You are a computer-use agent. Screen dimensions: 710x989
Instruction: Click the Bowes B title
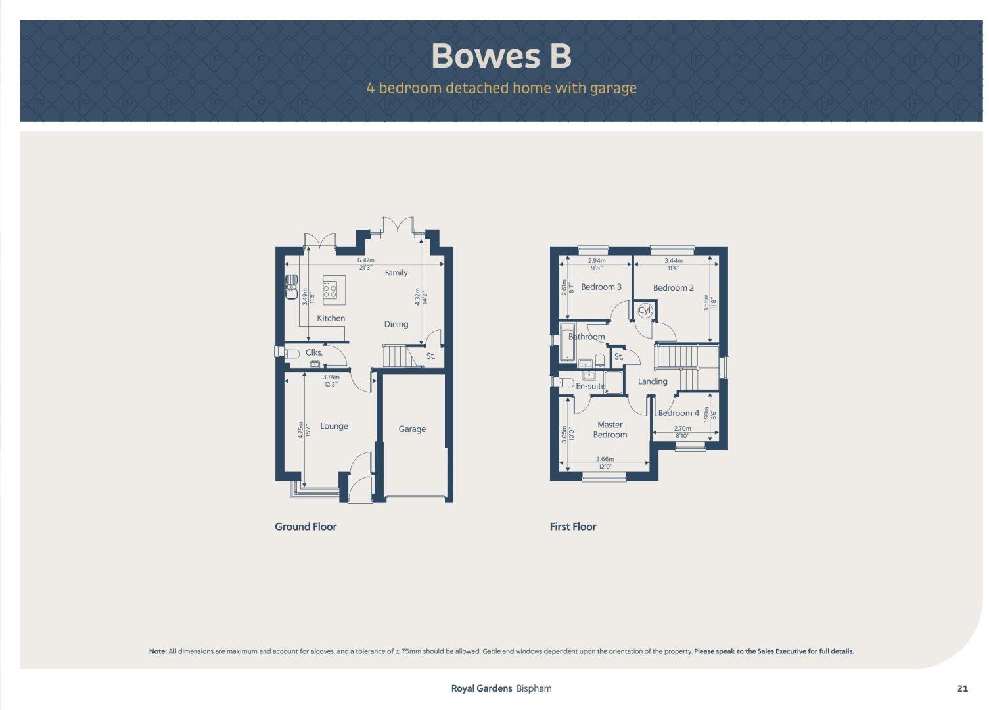click(x=501, y=56)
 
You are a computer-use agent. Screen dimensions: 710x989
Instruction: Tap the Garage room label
click(x=412, y=429)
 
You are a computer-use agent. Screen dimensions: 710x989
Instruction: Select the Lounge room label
click(x=334, y=426)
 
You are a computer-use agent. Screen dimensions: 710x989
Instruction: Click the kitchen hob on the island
click(x=330, y=290)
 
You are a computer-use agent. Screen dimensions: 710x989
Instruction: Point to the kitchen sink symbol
click(x=291, y=287)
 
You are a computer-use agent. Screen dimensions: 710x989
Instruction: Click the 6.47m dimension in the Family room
click(x=366, y=260)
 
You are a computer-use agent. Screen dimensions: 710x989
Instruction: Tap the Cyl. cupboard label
click(x=645, y=310)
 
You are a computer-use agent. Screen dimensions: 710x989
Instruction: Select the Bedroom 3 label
click(x=601, y=287)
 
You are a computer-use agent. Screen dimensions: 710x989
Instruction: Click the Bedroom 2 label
click(x=673, y=288)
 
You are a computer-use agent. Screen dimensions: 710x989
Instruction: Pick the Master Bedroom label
click(x=610, y=430)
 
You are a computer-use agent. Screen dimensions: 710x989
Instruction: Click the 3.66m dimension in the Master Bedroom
click(x=605, y=460)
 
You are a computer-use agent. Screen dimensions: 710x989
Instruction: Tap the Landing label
click(x=653, y=381)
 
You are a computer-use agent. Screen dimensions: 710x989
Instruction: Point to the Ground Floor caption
click(x=306, y=527)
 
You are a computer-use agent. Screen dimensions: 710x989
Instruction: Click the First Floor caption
click(x=573, y=527)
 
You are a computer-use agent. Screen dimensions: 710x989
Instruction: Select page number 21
click(x=962, y=689)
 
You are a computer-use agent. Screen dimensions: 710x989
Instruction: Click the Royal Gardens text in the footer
click(x=481, y=689)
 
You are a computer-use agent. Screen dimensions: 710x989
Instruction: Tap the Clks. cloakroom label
click(x=314, y=353)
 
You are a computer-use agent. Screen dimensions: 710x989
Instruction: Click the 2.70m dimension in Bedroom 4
click(x=682, y=429)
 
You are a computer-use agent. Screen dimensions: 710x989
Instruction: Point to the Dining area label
click(x=396, y=324)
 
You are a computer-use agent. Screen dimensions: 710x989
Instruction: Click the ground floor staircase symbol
click(x=396, y=357)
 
